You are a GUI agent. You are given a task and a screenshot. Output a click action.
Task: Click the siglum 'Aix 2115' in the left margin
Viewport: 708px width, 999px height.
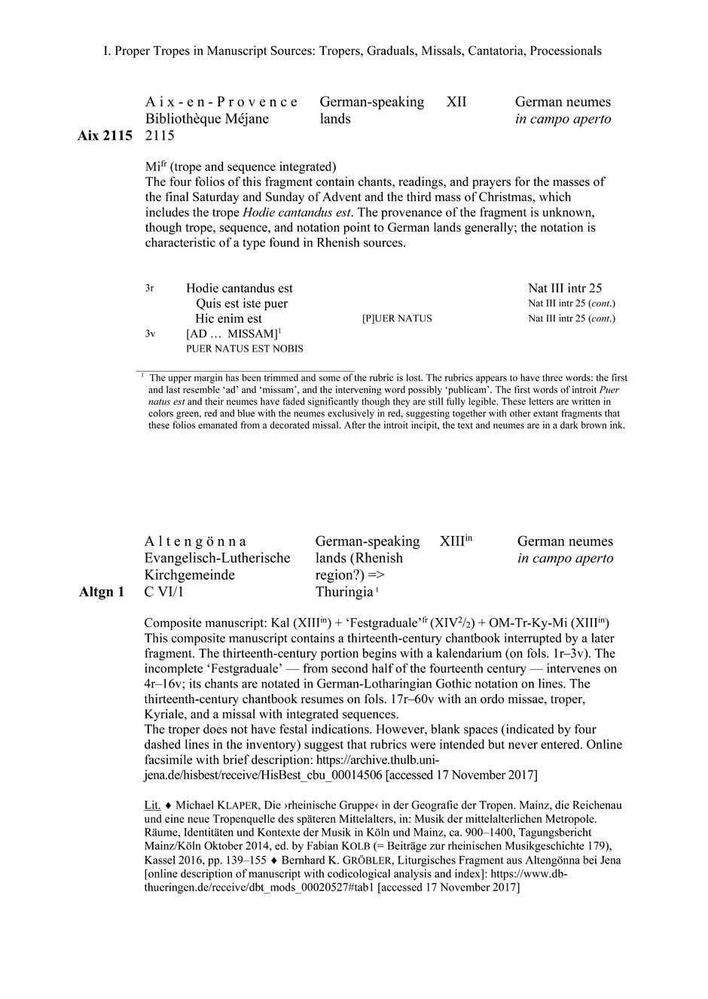point(105,136)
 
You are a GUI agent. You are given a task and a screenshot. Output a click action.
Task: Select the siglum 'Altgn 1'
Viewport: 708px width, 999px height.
point(102,592)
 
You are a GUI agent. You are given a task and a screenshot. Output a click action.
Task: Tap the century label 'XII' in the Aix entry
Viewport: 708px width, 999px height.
point(456,102)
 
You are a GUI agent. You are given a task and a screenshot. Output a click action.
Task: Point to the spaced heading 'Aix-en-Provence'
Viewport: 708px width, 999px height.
point(221,102)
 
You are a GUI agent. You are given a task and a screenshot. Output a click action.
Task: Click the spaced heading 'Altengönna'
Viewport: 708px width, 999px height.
point(195,541)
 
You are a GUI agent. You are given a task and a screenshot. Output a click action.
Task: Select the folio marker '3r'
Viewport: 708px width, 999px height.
point(150,288)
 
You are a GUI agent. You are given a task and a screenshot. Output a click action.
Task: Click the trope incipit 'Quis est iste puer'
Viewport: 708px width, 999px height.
point(242,303)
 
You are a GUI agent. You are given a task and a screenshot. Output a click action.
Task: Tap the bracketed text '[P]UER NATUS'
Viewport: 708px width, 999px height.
point(397,318)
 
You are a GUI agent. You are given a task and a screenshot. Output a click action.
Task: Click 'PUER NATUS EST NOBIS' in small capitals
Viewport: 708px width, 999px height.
point(245,349)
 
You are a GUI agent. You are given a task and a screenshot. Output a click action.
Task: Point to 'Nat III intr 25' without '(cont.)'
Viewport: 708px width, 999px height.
point(565,288)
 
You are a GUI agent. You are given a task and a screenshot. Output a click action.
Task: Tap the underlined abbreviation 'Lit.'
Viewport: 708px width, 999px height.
point(152,805)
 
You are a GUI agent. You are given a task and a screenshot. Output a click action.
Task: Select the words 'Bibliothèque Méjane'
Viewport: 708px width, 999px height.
point(207,119)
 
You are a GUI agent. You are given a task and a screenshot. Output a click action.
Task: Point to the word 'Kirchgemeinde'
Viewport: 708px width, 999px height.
point(190,575)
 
